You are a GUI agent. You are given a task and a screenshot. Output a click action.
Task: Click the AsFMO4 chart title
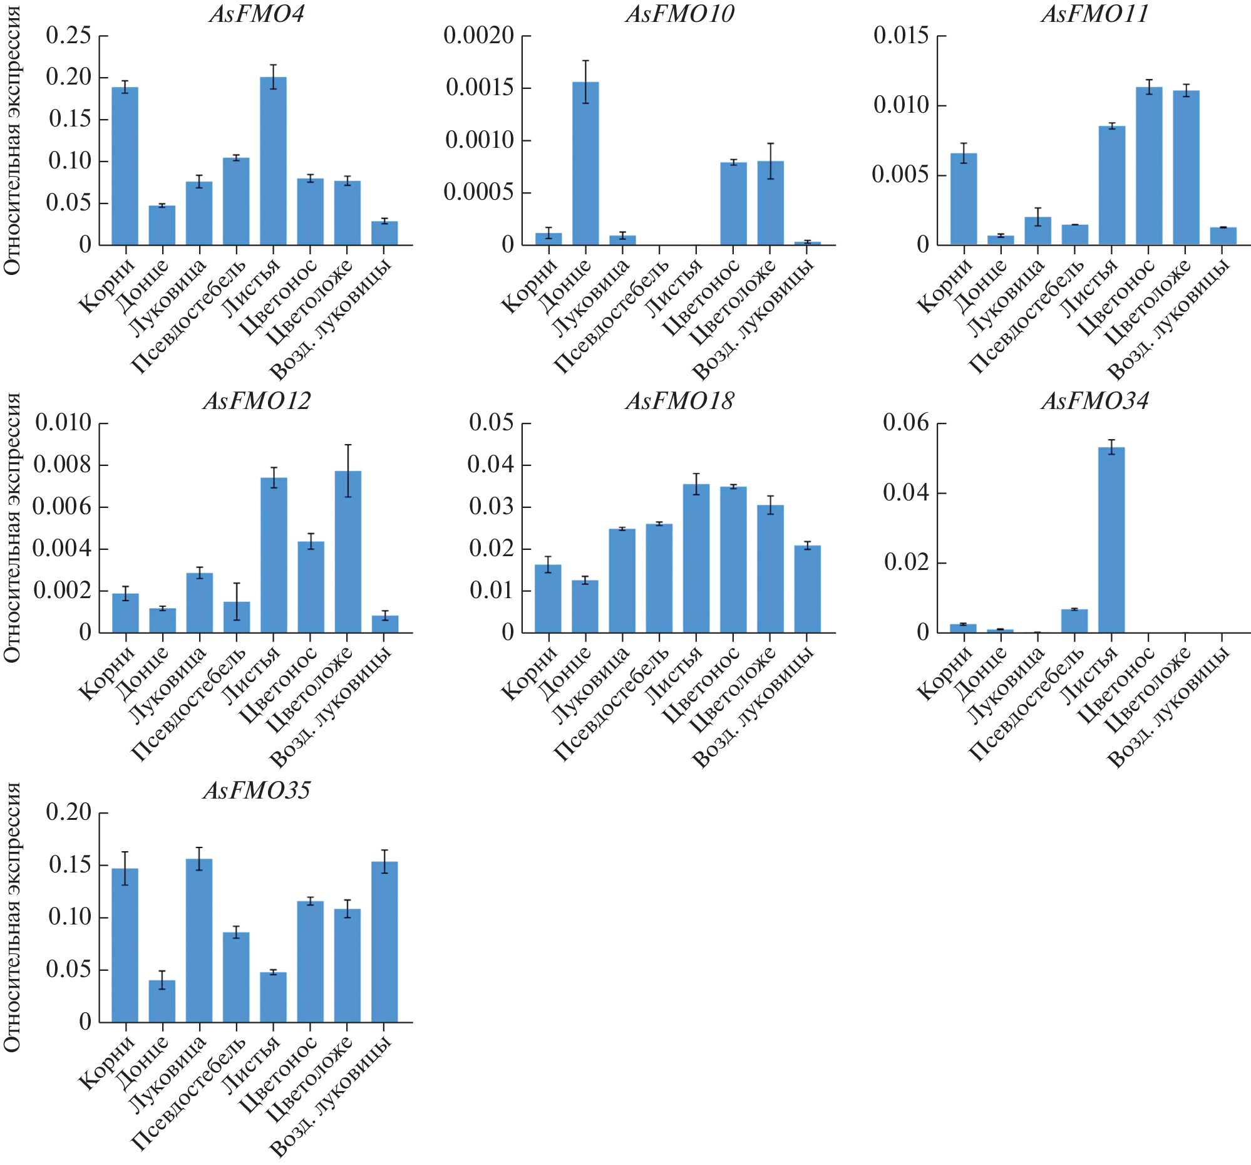(x=257, y=14)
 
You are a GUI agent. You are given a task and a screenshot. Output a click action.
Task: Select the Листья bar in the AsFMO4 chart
(x=273, y=160)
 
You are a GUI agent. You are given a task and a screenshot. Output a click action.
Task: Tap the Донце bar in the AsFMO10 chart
(x=585, y=163)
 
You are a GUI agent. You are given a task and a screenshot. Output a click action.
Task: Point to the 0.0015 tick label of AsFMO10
(x=480, y=88)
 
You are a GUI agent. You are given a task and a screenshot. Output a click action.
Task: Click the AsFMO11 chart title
(x=1095, y=14)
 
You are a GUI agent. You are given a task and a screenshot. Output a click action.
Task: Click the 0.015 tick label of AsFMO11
(x=900, y=35)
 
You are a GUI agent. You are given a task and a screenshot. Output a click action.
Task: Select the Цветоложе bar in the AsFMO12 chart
(x=348, y=551)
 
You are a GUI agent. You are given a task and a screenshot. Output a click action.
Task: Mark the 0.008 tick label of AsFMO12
(x=62, y=465)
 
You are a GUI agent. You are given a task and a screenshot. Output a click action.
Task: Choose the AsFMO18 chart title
(x=679, y=401)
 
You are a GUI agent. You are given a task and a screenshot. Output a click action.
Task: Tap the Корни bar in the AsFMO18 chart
(x=548, y=599)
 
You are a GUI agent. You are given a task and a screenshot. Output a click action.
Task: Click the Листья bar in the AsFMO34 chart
(x=1111, y=539)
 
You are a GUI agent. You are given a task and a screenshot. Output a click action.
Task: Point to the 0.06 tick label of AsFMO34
(x=905, y=423)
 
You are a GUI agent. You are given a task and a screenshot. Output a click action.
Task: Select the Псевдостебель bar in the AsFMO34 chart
(x=1074, y=621)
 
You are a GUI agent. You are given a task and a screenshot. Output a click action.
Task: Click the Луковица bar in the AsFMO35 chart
(x=199, y=940)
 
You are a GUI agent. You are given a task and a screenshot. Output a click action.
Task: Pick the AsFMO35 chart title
(x=257, y=791)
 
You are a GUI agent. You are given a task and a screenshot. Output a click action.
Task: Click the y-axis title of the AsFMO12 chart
(x=13, y=527)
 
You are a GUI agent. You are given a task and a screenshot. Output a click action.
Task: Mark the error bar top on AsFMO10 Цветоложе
(x=770, y=143)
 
